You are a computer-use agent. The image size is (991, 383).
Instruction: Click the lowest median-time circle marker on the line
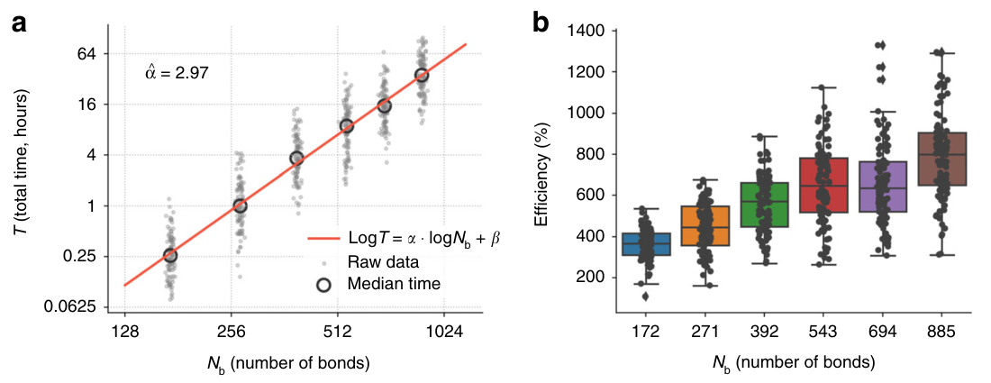tap(169, 256)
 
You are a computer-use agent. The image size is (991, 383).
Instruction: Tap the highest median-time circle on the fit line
tap(421, 75)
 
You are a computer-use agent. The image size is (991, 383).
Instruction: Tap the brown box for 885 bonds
tap(941, 159)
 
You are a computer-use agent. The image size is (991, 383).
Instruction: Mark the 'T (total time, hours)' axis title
tap(20, 170)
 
